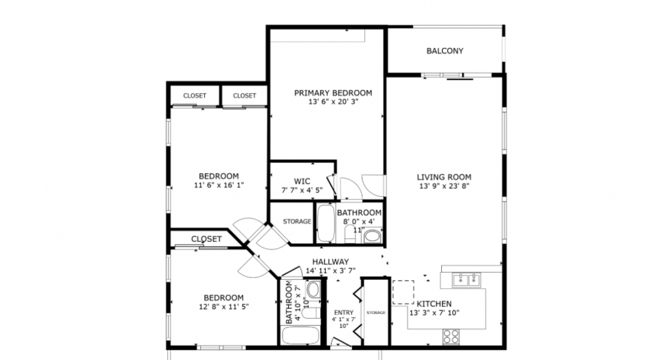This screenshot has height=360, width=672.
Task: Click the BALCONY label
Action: tap(445, 51)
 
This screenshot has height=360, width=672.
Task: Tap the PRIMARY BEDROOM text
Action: tap(333, 92)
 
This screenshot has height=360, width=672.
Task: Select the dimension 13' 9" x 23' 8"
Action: tap(443, 186)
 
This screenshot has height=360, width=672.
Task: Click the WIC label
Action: tap(302, 181)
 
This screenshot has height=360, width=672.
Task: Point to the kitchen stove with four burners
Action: tap(451, 336)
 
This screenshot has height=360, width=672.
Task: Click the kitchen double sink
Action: tap(465, 279)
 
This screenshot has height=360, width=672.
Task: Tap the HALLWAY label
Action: tap(330, 261)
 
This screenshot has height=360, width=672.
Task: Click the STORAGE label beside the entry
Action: tap(375, 313)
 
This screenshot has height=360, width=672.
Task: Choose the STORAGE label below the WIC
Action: tap(297, 222)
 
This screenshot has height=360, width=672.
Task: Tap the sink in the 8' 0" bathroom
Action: tap(372, 237)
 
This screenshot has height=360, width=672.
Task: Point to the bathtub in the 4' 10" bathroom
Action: tap(301, 335)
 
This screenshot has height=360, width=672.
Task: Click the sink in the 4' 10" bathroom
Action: tap(313, 288)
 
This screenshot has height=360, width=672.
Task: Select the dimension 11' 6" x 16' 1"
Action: tap(218, 185)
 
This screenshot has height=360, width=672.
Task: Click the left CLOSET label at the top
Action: tap(194, 96)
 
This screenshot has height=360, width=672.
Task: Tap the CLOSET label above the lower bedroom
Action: tap(207, 239)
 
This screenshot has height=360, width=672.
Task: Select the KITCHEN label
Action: tap(434, 304)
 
